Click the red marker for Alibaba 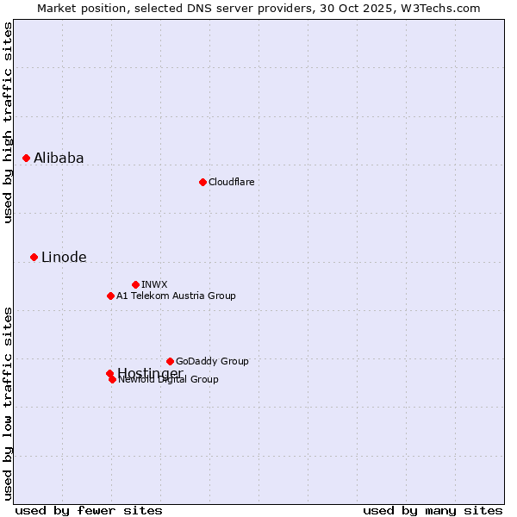pos(27,158)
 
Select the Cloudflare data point pos(202,182)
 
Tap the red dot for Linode pos(34,257)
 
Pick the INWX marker pos(135,284)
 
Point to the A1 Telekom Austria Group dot pos(110,296)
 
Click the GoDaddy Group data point pos(170,361)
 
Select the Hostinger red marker pos(109,373)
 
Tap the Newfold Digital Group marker pos(113,379)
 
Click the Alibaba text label pos(59,158)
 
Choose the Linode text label pos(64,257)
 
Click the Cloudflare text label pos(231,182)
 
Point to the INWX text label pos(154,284)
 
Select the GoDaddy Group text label pos(212,361)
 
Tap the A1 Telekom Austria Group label pos(176,296)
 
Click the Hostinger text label pos(150,372)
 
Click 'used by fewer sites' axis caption pos(89,510)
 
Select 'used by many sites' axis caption pos(433,510)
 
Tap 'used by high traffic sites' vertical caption pos(8,122)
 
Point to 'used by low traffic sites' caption pos(8,402)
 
